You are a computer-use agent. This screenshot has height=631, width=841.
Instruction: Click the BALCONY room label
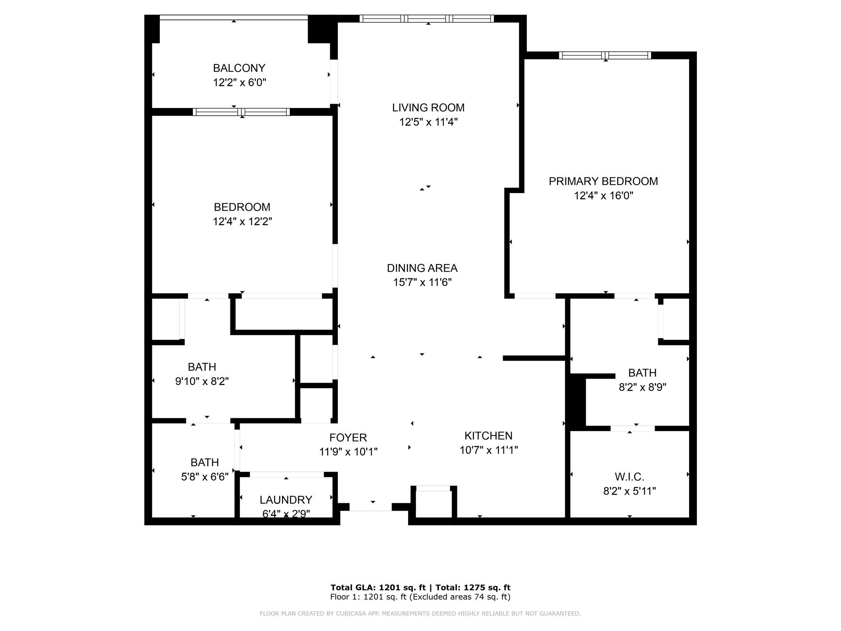tap(239, 68)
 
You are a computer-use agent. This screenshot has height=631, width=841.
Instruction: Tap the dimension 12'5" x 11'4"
tap(428, 122)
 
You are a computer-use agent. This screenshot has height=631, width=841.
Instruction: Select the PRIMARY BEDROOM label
tap(603, 181)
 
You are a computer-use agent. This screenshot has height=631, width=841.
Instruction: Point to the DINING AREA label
tap(422, 268)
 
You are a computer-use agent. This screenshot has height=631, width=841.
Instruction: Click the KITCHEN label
tap(488, 435)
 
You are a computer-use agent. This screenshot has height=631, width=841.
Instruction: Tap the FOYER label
tap(348, 438)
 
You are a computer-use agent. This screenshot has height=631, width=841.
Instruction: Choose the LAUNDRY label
tap(286, 500)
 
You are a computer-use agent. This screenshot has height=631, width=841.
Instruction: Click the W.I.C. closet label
tap(629, 477)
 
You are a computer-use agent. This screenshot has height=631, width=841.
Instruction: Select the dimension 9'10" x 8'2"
tap(202, 381)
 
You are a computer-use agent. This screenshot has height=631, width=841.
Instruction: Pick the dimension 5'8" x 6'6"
tap(205, 477)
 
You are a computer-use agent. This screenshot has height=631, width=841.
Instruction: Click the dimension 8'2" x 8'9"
tap(642, 387)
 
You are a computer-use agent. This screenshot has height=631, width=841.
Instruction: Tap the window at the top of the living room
tap(427, 18)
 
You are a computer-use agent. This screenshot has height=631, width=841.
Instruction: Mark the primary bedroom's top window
tap(605, 55)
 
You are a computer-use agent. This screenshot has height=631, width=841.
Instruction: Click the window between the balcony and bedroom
tap(241, 112)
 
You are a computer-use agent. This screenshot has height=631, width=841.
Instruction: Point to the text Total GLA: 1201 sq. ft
tap(378, 587)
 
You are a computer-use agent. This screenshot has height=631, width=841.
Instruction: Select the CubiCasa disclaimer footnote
tap(420, 613)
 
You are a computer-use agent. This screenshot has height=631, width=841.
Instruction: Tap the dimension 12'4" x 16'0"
tap(603, 196)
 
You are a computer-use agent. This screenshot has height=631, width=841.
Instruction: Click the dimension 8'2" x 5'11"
tap(629, 491)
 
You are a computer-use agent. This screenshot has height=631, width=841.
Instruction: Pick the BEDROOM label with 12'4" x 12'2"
tap(242, 207)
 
